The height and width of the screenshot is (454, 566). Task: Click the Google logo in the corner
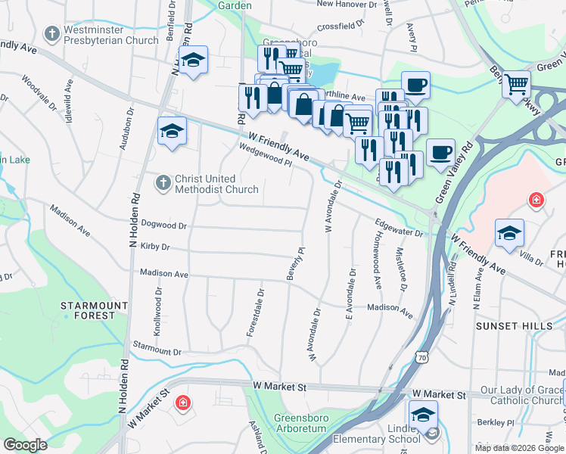(x=26, y=445)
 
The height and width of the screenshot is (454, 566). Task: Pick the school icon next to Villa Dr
(x=510, y=232)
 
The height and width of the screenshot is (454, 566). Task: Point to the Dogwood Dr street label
(x=163, y=225)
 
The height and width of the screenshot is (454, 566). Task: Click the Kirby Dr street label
(x=154, y=247)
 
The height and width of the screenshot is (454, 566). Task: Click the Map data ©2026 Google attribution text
(x=519, y=448)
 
